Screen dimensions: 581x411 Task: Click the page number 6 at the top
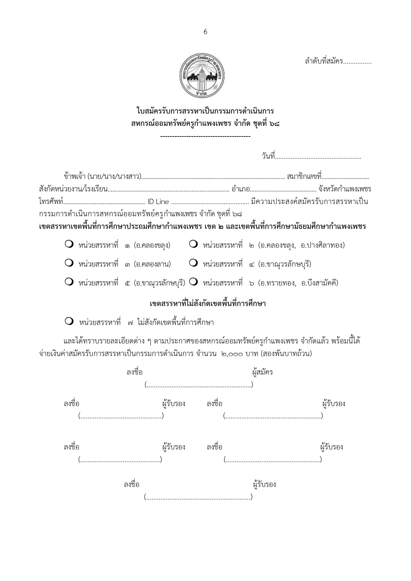205,32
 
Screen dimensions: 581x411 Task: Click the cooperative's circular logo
202,76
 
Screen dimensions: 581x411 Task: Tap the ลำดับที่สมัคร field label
324,61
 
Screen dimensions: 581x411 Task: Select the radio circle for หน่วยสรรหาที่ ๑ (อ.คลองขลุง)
69,244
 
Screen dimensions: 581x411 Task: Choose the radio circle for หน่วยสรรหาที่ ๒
193,244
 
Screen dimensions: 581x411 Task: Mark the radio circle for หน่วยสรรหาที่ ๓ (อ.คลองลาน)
69,263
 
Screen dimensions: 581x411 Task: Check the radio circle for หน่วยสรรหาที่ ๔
193,263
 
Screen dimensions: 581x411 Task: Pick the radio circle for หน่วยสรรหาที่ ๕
69,282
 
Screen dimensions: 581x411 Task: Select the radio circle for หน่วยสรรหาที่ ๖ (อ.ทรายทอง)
193,282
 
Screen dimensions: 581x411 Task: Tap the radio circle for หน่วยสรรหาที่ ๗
69,321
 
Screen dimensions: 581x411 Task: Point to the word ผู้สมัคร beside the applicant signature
262,372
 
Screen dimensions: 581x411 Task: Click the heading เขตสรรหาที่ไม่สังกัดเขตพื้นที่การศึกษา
208,303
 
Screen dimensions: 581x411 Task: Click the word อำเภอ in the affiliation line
240,189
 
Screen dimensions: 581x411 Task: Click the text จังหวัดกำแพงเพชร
344,189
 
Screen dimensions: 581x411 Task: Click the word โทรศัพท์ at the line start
51,202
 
